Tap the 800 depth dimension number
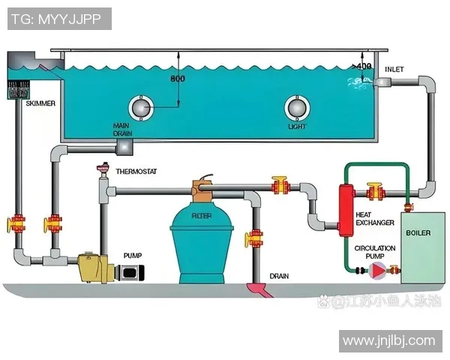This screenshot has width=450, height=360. [178, 79]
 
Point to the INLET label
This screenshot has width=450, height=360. [394, 70]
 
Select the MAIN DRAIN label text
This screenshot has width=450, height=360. [122, 128]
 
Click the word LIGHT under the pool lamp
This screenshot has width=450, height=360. [297, 127]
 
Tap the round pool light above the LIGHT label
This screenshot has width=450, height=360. [295, 108]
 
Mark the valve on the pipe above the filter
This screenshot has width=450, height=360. [281, 183]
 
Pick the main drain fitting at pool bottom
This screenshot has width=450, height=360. [123, 143]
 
